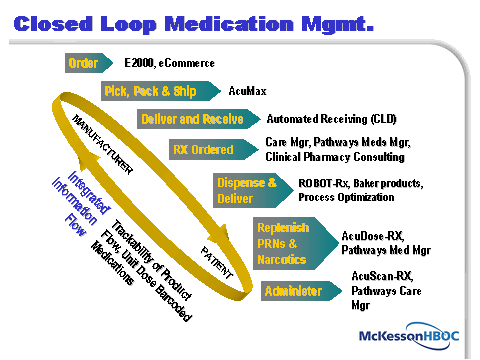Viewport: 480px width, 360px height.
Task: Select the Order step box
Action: [83, 64]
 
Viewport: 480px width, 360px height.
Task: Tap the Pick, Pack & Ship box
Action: [148, 91]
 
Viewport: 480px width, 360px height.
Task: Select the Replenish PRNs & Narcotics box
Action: [284, 241]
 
